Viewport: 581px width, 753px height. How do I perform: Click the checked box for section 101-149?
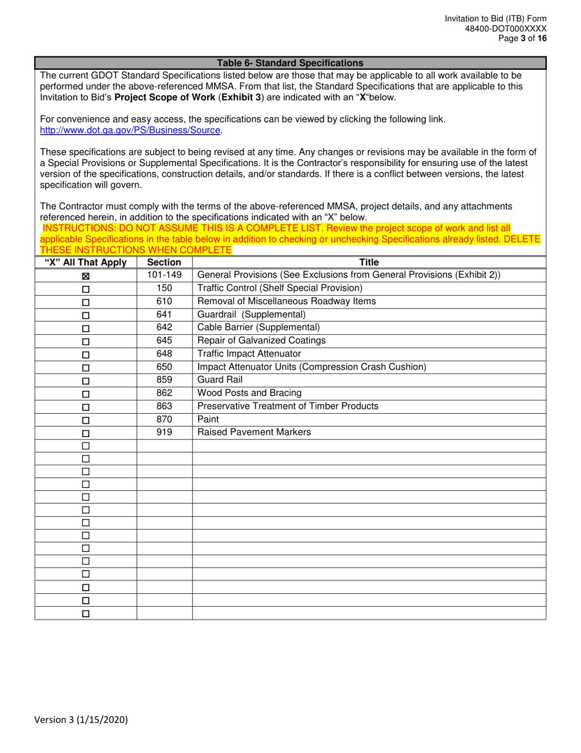coord(86,276)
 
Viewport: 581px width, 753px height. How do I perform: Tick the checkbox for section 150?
coord(86,289)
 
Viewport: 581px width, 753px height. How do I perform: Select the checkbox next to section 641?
coord(86,315)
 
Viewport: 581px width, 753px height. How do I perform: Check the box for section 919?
coord(86,433)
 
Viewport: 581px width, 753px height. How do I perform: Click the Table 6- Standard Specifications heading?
coord(290,63)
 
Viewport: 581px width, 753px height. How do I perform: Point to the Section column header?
coord(165,263)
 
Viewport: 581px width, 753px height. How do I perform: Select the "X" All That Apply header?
coord(86,263)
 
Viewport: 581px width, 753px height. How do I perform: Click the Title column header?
coord(369,263)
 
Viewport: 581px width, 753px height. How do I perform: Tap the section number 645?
coord(165,340)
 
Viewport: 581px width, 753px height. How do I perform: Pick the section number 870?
coord(165,419)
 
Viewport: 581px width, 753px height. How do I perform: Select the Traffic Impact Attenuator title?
coord(249,354)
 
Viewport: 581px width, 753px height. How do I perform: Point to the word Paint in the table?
coord(208,419)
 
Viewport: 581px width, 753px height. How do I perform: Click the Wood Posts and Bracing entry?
coord(249,393)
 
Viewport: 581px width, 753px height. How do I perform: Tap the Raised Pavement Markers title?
coord(254,432)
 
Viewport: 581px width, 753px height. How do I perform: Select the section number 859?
coord(165,380)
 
